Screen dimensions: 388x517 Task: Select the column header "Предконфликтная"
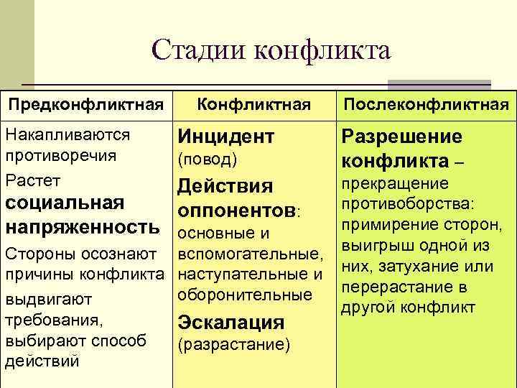(85, 105)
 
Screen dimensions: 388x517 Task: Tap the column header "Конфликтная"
(253, 105)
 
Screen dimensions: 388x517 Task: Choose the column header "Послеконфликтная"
(426, 105)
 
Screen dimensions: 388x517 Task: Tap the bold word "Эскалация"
(230, 322)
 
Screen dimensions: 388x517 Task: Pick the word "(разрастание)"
(233, 345)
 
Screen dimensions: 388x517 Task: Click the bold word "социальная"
(65, 203)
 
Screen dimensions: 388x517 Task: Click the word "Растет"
(32, 179)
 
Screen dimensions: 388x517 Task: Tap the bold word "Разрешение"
(401, 137)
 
